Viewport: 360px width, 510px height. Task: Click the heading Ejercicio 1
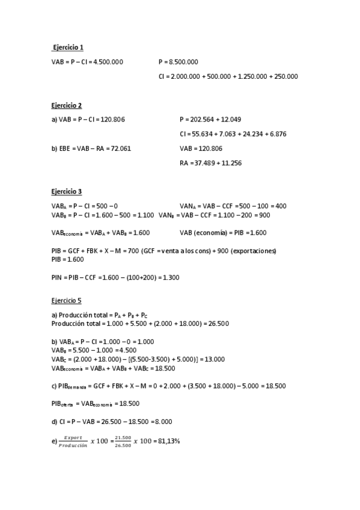(68, 47)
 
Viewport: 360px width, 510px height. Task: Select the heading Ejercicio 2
(66, 105)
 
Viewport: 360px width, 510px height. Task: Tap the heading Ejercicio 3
(66, 192)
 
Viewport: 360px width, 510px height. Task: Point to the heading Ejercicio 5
(66, 300)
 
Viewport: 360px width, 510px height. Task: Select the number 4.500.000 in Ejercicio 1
(108, 61)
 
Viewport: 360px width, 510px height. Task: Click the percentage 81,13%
(169, 441)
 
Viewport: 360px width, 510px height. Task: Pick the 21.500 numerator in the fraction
(123, 438)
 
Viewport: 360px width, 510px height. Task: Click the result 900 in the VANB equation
(264, 215)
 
